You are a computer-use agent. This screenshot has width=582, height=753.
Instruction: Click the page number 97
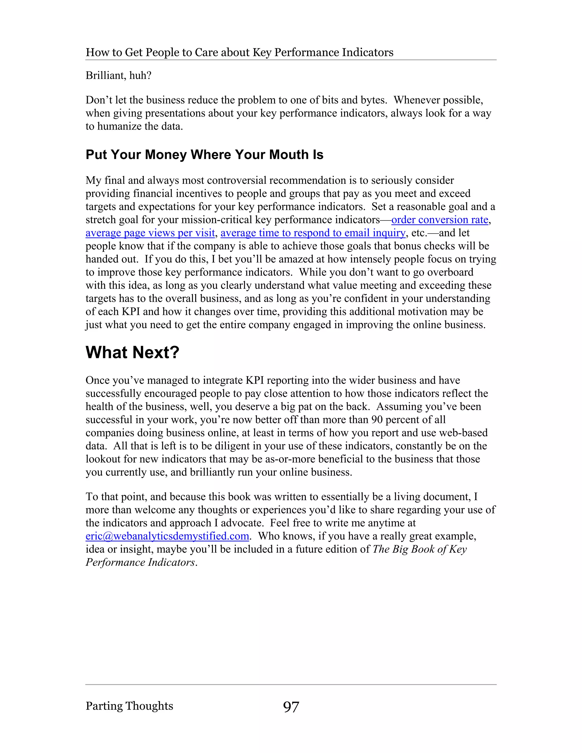coord(291,707)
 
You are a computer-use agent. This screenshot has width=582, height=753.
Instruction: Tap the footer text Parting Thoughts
coord(129,706)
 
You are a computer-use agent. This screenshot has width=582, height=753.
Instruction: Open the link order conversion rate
coord(440,220)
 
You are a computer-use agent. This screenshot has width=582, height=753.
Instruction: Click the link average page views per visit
coord(150,233)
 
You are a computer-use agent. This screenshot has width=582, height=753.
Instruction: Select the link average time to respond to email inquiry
coord(313,233)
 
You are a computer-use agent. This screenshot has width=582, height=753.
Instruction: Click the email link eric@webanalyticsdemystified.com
coord(167,536)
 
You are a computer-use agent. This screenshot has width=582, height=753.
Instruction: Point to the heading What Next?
coord(132,352)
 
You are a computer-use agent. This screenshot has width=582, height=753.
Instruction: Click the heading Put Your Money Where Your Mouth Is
coord(204,155)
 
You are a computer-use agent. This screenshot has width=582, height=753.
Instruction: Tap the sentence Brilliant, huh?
coord(119,75)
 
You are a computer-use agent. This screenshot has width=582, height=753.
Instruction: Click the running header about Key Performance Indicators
coord(239,52)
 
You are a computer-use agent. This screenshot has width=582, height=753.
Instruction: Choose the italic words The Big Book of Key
coord(419,549)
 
